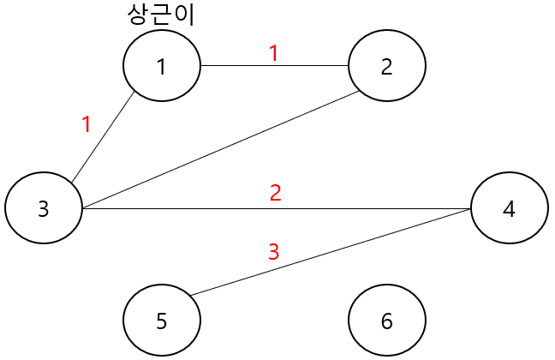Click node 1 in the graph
point(161,66)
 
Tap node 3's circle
point(43,208)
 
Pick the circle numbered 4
point(509,208)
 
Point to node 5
point(161,321)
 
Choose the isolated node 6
point(386,321)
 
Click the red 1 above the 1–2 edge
point(274,53)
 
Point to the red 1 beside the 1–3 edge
point(86,125)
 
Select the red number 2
point(275,193)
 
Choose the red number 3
point(274,252)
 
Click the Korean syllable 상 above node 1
point(136,15)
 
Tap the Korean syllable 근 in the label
point(161,15)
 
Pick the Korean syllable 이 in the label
point(184,15)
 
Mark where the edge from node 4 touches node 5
point(190,297)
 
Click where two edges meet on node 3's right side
point(81,208)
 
